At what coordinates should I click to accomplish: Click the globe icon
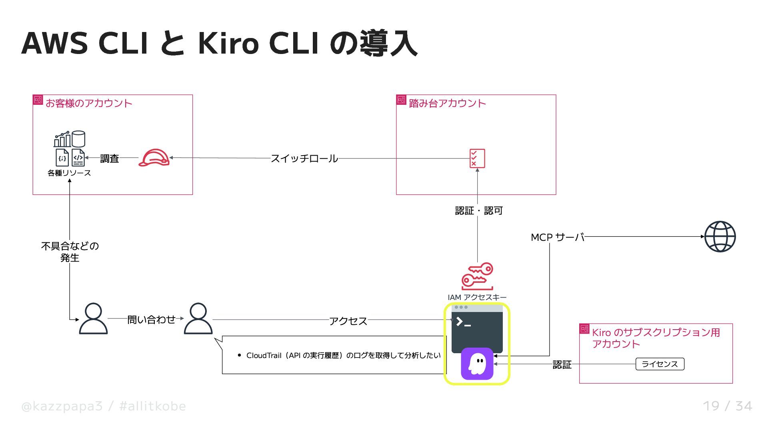(720, 236)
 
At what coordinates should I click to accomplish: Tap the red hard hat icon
(154, 158)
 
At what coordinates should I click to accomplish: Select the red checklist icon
(477, 158)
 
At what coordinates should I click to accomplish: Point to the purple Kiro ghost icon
(477, 364)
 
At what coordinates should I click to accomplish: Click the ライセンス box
(660, 364)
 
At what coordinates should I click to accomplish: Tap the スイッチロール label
(304, 158)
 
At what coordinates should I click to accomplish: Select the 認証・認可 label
(478, 211)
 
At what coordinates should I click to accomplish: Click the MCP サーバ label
(557, 237)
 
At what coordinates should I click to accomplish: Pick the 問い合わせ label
(151, 320)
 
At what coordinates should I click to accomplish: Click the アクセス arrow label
(348, 321)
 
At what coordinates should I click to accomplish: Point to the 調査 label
(110, 159)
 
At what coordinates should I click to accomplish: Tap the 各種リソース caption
(69, 173)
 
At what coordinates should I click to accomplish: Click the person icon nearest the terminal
(198, 318)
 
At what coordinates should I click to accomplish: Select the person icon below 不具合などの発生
(93, 318)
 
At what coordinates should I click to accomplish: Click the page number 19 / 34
(727, 406)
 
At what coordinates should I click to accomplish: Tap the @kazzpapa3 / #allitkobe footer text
(104, 406)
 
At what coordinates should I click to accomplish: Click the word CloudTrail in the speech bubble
(264, 356)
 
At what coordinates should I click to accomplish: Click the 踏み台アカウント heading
(447, 103)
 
